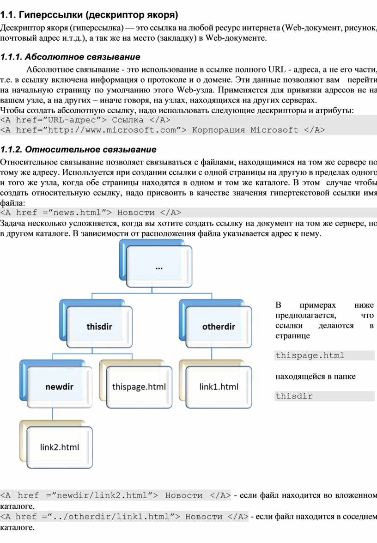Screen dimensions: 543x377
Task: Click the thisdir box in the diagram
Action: (x=99, y=327)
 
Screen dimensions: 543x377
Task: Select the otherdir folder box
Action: (x=219, y=327)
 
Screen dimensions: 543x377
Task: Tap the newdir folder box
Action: (x=60, y=386)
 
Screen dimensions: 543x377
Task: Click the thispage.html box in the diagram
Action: (x=139, y=386)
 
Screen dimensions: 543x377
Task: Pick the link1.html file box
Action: (x=219, y=386)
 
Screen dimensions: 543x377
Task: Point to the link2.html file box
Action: (x=60, y=447)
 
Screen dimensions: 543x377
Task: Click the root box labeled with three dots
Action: (x=159, y=267)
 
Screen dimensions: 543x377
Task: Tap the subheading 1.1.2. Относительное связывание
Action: (x=78, y=149)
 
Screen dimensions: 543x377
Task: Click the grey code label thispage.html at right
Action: (x=310, y=355)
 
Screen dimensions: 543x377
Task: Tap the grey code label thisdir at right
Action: (x=294, y=396)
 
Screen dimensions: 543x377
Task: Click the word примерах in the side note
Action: (x=318, y=305)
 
